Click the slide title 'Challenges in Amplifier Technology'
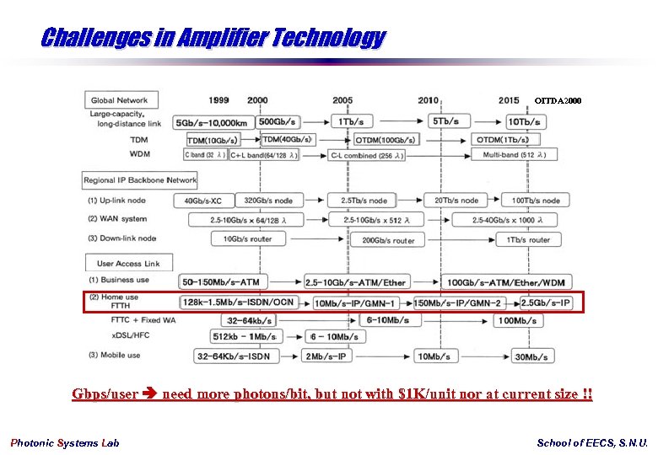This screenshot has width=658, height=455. (213, 38)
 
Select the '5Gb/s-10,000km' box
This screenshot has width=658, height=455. (211, 122)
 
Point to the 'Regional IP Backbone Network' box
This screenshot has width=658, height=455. (140, 180)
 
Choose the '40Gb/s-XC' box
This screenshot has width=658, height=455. (197, 201)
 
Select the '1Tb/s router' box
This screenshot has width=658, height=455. (529, 240)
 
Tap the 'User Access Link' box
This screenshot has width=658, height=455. (128, 263)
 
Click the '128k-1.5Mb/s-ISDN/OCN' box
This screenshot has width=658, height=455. (240, 302)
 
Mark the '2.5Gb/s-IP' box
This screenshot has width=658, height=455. (547, 302)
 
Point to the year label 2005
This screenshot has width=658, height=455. (342, 100)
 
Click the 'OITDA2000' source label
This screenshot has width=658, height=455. (558, 101)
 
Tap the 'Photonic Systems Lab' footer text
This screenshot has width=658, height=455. (65, 443)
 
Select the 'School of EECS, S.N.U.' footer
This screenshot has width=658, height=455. (592, 443)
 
